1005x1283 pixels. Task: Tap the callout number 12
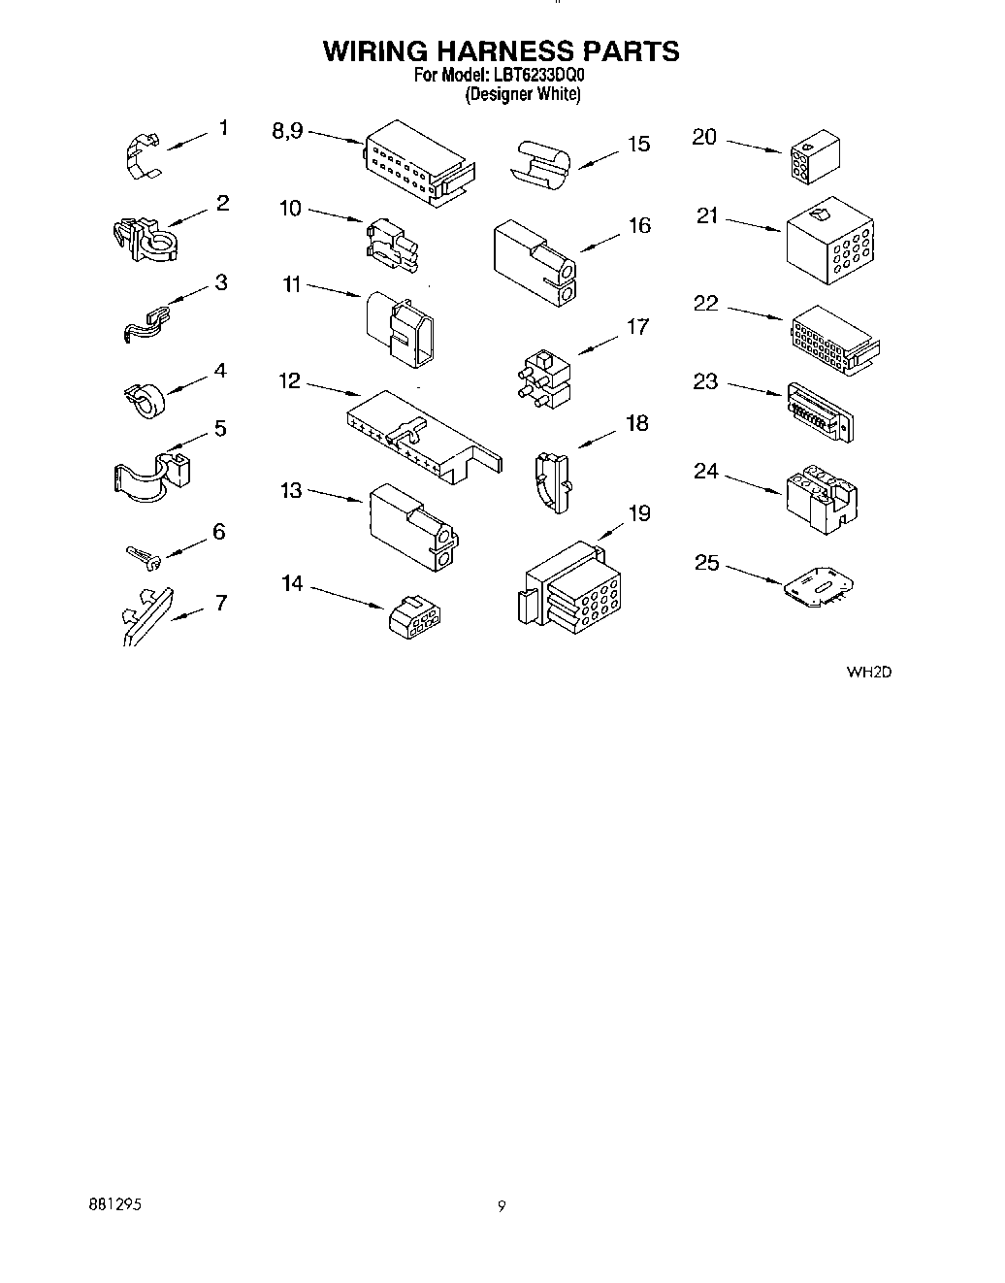[290, 381]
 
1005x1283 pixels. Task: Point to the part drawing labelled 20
[816, 156]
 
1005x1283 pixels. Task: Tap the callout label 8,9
[287, 131]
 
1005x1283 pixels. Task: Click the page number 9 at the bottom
[502, 1207]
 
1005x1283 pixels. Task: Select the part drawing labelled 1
[144, 155]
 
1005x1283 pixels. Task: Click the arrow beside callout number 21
[754, 224]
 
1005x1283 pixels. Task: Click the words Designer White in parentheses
[522, 95]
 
